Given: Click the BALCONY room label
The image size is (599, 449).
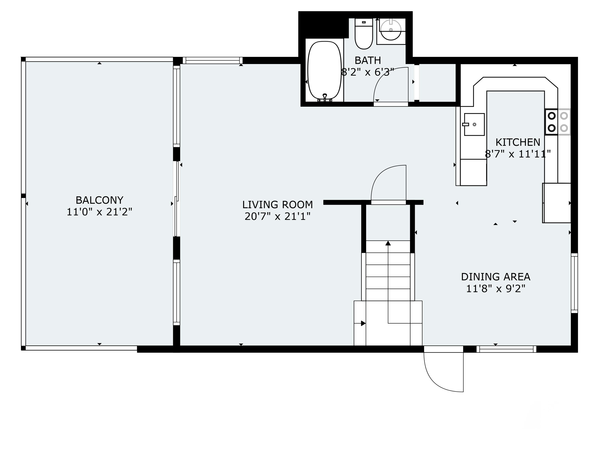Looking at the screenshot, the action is [x=99, y=200].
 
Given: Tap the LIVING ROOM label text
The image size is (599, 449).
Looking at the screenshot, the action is [x=277, y=205].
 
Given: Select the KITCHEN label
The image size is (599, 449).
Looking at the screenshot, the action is [x=518, y=142].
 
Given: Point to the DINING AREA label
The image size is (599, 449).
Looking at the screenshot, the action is [x=496, y=277].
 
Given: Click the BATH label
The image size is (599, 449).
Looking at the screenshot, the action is [x=367, y=60].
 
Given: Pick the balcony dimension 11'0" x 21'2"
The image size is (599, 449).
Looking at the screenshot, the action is [x=99, y=212].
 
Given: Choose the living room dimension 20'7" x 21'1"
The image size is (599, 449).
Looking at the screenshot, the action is [x=277, y=217].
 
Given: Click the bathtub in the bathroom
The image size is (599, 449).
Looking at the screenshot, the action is [x=324, y=71].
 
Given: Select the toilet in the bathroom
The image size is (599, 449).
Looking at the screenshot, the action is [x=364, y=34].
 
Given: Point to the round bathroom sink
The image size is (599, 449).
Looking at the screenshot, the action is [x=391, y=30].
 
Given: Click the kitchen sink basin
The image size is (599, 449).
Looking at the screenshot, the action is [x=474, y=125].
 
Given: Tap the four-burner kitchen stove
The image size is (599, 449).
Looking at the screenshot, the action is [x=557, y=122].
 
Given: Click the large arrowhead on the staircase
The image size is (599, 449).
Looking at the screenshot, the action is [x=388, y=243].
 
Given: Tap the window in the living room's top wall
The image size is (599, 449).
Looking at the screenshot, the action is [x=213, y=60].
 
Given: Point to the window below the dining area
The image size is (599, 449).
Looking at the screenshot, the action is [x=506, y=349].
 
